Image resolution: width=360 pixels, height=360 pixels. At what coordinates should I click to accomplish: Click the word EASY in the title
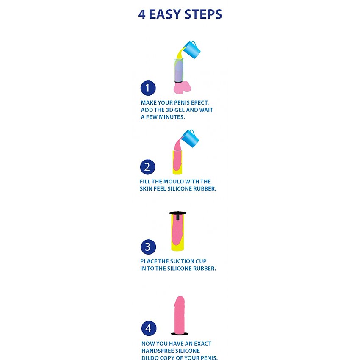[x=165, y=14]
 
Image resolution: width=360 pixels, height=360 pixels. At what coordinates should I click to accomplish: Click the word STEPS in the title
[x=203, y=14]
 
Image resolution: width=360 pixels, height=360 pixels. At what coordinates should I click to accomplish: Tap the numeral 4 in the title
[x=142, y=14]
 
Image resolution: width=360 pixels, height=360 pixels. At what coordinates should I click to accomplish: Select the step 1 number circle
[x=148, y=88]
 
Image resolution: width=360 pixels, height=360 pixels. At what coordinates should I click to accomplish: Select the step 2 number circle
[x=148, y=167]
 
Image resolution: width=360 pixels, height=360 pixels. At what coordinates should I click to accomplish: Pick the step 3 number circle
[x=148, y=247]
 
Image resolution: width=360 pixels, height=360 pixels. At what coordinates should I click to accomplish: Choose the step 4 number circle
[x=149, y=328]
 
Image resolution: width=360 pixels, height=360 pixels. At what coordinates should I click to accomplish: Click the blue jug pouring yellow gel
[x=192, y=50]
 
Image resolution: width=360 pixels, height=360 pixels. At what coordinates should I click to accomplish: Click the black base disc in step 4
[x=180, y=334]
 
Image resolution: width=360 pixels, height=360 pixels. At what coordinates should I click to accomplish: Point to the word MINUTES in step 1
[x=172, y=117]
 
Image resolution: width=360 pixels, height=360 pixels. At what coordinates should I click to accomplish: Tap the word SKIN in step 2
[x=146, y=189]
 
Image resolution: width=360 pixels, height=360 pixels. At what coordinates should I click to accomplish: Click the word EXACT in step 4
[x=203, y=344]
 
